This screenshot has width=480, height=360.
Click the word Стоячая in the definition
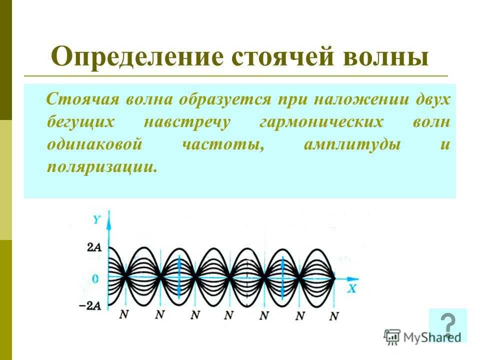coord(82,99)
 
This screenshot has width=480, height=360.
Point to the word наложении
coord(360,99)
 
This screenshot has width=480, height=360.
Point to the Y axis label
coord(96,219)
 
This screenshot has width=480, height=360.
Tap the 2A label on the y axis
coord(94,247)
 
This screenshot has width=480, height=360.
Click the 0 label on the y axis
coord(95,279)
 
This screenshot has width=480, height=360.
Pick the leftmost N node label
coord(123,314)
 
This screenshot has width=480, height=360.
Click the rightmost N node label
coord(334,316)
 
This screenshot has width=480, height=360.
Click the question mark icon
coord(448,325)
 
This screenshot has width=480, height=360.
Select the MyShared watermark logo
coord(423,337)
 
